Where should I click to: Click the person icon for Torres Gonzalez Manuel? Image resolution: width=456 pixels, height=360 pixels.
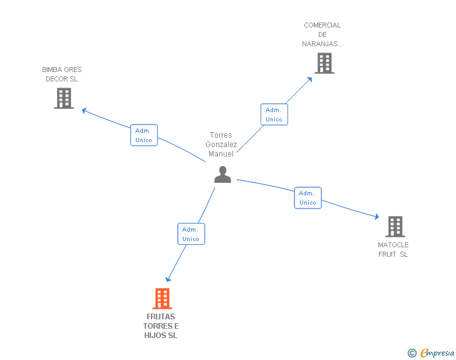[x=222, y=175]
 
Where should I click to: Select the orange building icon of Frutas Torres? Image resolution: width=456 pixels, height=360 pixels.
[x=162, y=299]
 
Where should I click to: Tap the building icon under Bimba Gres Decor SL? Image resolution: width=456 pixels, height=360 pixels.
[x=64, y=98]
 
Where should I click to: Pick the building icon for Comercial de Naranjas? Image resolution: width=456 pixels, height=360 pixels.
[x=324, y=63]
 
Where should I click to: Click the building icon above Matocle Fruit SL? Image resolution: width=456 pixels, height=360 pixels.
[x=395, y=226]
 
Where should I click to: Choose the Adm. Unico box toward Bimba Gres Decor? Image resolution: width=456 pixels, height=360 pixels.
[x=144, y=135]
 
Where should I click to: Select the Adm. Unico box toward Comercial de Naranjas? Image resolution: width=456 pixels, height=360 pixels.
[x=274, y=115]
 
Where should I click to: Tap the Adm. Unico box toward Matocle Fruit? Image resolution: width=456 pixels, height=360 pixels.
[x=308, y=198]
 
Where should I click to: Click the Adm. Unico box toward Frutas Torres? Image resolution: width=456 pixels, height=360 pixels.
[x=190, y=234]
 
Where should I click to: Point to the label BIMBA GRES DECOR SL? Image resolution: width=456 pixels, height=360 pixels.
[x=62, y=75]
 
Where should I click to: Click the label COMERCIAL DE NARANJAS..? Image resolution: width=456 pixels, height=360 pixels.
[x=323, y=34]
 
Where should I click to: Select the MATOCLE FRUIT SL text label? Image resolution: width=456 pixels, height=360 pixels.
[x=393, y=249]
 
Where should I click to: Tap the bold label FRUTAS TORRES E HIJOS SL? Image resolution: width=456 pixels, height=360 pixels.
[x=161, y=326]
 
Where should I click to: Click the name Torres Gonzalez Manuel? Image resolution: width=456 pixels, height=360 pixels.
[x=221, y=145]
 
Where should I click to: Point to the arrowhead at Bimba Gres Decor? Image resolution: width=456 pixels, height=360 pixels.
[x=85, y=111]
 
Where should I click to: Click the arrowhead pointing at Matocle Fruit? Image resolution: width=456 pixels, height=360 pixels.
[x=376, y=217]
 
